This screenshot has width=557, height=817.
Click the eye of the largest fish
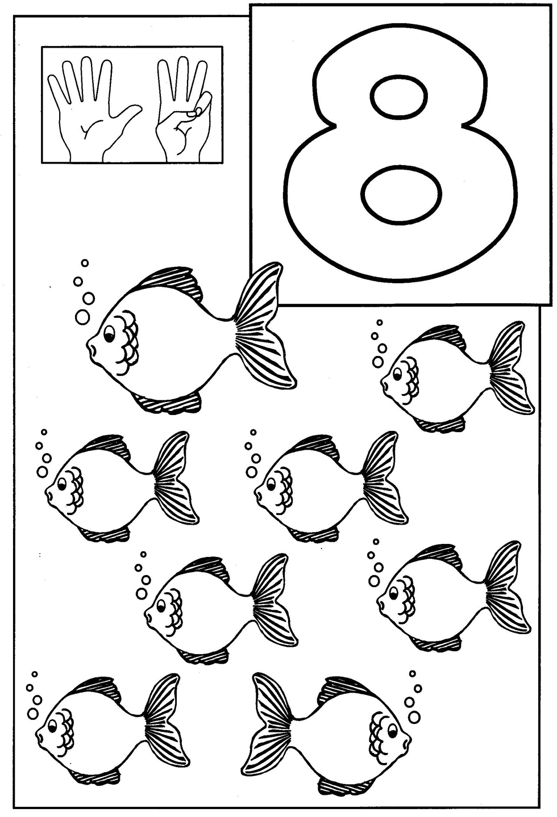109,335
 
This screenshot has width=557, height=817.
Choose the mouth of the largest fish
91,346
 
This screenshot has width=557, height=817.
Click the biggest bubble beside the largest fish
82,317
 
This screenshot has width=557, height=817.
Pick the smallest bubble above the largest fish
85,263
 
